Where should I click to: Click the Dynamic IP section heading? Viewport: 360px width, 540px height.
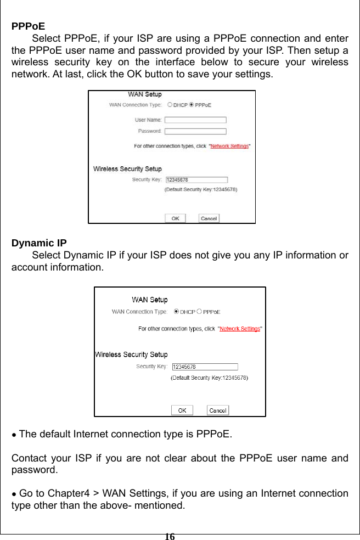pyautogui.click(x=40, y=243)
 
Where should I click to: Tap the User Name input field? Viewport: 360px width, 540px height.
pyautogui.click(x=195, y=120)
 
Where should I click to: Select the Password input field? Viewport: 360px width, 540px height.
pyautogui.click(x=195, y=131)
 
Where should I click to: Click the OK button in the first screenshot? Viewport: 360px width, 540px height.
pyautogui.click(x=175, y=218)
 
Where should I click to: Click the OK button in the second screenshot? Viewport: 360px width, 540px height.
pyautogui.click(x=182, y=410)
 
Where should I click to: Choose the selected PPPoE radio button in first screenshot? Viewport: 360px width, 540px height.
pyautogui.click(x=192, y=105)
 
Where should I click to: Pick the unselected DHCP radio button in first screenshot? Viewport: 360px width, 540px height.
pyautogui.click(x=170, y=105)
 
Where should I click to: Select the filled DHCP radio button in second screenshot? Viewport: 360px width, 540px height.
pyautogui.click(x=176, y=312)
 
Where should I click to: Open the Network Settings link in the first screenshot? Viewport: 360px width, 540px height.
pyautogui.click(x=229, y=147)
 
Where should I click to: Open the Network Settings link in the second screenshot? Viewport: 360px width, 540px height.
pyautogui.click(x=240, y=329)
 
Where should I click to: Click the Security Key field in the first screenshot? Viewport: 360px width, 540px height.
pyautogui.click(x=196, y=179)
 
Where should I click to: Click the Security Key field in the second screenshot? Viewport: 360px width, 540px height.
pyautogui.click(x=205, y=367)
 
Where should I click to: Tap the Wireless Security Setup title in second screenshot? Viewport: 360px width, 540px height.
pyautogui.click(x=131, y=355)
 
